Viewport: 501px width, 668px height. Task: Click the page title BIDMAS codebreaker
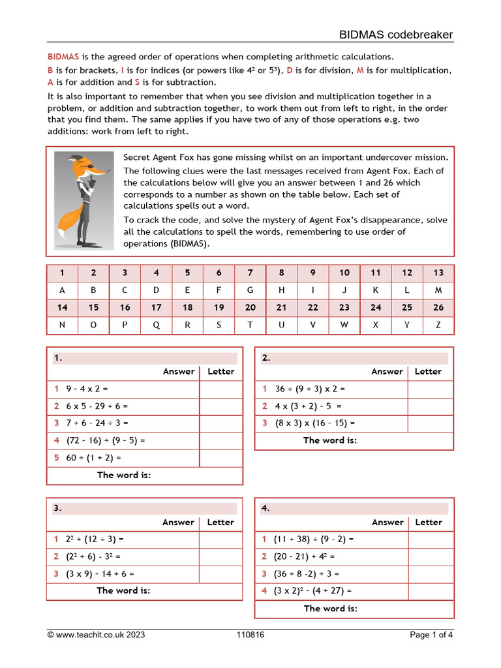[395, 35]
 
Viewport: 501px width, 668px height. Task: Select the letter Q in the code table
[156, 325]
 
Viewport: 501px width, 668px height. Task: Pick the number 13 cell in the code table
[438, 273]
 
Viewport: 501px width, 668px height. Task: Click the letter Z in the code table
[438, 325]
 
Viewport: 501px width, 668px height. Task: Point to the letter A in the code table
[62, 290]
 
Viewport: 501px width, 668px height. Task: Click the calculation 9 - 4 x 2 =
[87, 389]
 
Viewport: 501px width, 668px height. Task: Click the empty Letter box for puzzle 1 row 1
[220, 389]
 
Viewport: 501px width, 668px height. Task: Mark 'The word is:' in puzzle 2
[330, 440]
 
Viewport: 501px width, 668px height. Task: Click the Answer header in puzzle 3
[179, 522]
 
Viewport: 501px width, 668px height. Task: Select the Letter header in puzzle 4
[429, 522]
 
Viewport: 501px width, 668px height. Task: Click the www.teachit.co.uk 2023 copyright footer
[96, 635]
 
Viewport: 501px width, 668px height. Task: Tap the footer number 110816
[250, 635]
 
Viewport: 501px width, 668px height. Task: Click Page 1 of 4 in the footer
[431, 635]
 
